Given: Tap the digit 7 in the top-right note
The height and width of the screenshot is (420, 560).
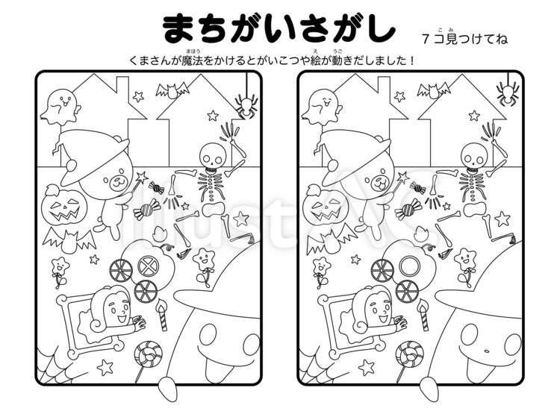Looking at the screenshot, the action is (x=425, y=39).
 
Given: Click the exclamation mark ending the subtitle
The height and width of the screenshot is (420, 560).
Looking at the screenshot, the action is (x=412, y=60).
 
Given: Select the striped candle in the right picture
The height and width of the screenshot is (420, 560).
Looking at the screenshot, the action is (x=423, y=316).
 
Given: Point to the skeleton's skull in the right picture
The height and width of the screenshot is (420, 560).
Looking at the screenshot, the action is (x=473, y=154).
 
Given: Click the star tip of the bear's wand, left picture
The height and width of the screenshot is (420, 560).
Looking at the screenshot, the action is (x=142, y=177).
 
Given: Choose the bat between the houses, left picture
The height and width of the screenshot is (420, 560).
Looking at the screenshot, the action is (x=172, y=90).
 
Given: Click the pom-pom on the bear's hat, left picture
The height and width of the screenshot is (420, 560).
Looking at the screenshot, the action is (x=71, y=166).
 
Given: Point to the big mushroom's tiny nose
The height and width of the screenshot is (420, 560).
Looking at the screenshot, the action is (x=486, y=351).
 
